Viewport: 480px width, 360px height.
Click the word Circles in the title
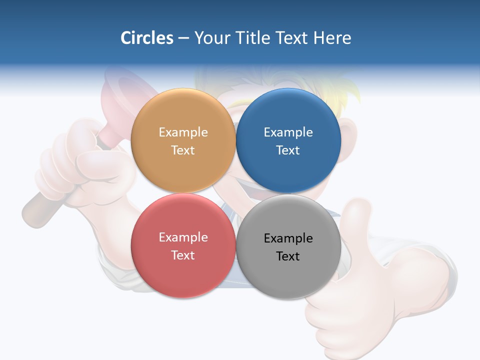[x=147, y=38]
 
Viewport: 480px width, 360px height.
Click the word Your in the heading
[x=212, y=38]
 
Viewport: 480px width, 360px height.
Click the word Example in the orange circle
[x=183, y=132]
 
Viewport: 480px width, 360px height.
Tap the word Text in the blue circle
[x=288, y=150]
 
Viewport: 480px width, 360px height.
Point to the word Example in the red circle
[x=183, y=237]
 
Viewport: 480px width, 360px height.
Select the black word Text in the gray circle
[x=288, y=256]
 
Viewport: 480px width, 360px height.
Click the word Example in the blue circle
[x=288, y=132]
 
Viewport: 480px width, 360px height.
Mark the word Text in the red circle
[x=183, y=255]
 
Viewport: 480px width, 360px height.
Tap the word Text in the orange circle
[x=183, y=150]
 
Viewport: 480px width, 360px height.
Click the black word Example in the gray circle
[x=288, y=238]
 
